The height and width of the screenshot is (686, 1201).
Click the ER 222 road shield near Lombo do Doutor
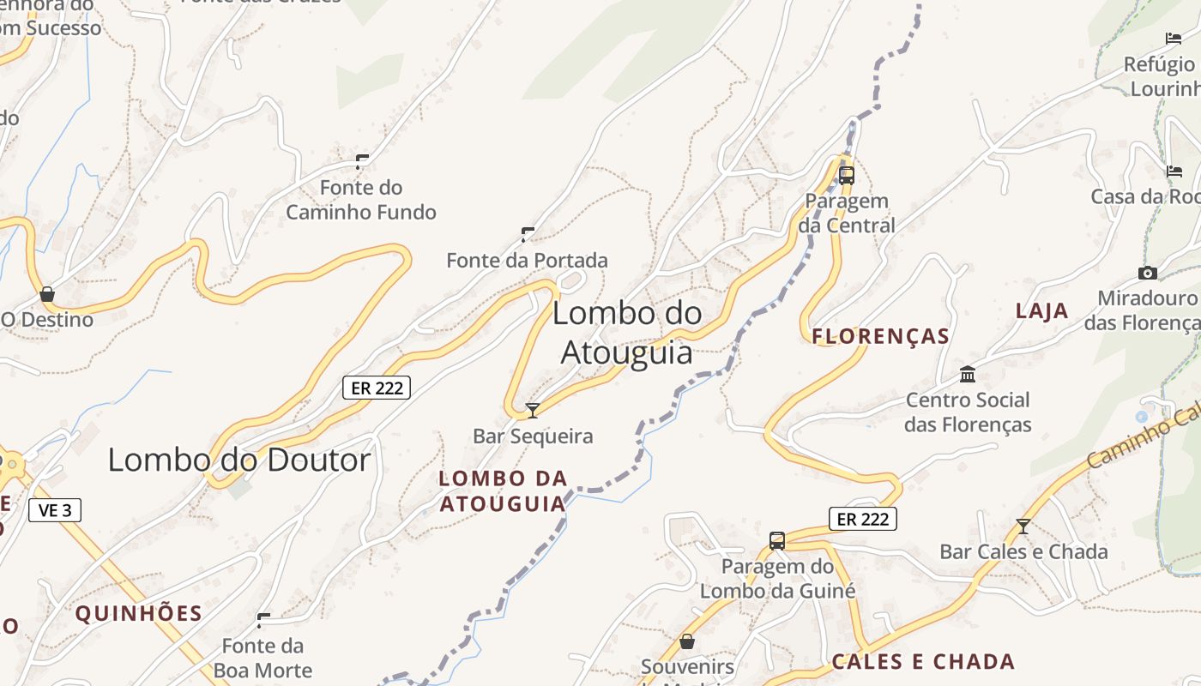pos(377,388)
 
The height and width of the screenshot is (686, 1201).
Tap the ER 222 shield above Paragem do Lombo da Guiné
pos(863,519)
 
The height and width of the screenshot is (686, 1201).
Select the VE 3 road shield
pos(55,510)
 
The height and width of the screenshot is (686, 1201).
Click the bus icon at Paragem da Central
pos(847,176)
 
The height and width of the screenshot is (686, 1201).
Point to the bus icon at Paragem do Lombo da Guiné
pos(777,541)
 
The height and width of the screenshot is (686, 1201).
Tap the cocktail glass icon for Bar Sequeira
pos(533,411)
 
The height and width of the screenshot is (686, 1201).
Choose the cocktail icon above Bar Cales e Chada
pos(1023,527)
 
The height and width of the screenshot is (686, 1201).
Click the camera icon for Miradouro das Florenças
pos(1147,274)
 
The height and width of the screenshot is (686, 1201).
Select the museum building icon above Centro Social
pos(969,375)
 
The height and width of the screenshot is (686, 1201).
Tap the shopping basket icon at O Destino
pos(47,295)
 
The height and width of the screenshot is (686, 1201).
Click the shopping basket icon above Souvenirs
pos(687,641)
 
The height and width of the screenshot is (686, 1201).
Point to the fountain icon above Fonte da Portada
pos(528,234)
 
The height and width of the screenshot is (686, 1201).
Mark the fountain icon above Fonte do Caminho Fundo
pos(362,161)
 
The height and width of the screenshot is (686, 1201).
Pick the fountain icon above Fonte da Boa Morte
pos(264,619)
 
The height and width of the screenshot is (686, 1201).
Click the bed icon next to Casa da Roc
pos(1174,171)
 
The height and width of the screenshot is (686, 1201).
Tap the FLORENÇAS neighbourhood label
pos(881,336)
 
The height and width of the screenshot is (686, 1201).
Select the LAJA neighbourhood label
pos(1042,310)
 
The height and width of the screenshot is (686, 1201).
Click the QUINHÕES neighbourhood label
pos(138,614)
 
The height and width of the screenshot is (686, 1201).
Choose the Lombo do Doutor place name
pos(239,460)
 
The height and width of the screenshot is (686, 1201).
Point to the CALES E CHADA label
pos(923,662)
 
